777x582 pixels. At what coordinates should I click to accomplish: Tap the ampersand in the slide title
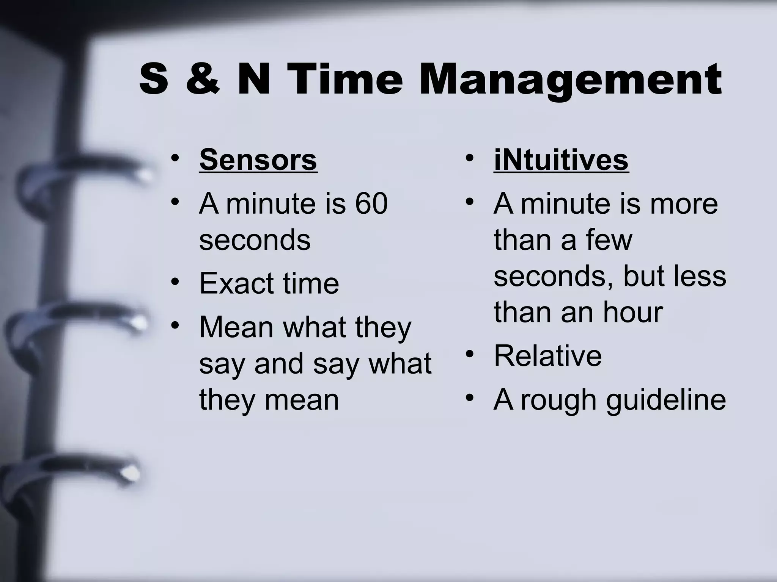tap(203, 80)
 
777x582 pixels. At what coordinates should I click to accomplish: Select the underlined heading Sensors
tap(258, 160)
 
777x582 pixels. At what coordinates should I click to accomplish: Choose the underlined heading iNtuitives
tap(561, 160)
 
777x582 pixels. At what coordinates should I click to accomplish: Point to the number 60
tap(371, 204)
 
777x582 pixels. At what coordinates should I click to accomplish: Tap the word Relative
tap(548, 356)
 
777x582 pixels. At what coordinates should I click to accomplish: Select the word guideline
tap(666, 400)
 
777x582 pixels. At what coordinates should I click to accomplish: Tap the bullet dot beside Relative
tap(470, 355)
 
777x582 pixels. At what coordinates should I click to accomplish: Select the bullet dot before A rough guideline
tap(470, 398)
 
